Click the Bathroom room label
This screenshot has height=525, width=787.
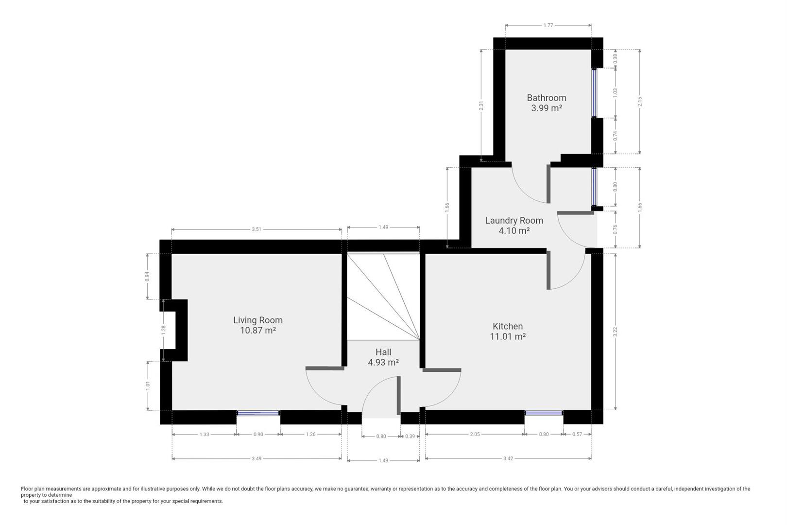pyautogui.click(x=547, y=98)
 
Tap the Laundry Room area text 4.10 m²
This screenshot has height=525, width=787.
pyautogui.click(x=514, y=231)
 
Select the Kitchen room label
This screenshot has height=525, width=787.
pyautogui.click(x=508, y=326)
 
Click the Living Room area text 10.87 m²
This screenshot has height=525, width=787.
pyautogui.click(x=257, y=331)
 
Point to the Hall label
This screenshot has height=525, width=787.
pyautogui.click(x=383, y=352)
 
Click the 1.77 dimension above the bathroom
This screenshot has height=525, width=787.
pyautogui.click(x=548, y=25)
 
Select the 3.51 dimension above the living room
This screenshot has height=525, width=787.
pyautogui.click(x=257, y=229)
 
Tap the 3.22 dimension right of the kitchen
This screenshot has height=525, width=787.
pyautogui.click(x=616, y=332)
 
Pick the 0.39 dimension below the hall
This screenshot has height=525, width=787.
pyautogui.click(x=410, y=437)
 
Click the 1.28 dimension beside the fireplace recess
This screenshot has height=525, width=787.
pyautogui.click(x=164, y=330)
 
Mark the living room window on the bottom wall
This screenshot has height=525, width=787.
pyautogui.click(x=258, y=413)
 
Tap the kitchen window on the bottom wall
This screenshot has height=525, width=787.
pyautogui.click(x=544, y=413)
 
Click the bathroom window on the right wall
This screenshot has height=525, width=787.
pyautogui.click(x=594, y=93)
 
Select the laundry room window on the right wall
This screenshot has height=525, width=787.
pyautogui.click(x=594, y=187)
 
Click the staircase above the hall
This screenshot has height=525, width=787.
pyautogui.click(x=383, y=297)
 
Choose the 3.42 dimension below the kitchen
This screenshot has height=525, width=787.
pyautogui.click(x=508, y=458)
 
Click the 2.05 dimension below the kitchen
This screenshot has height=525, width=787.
pyautogui.click(x=475, y=434)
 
